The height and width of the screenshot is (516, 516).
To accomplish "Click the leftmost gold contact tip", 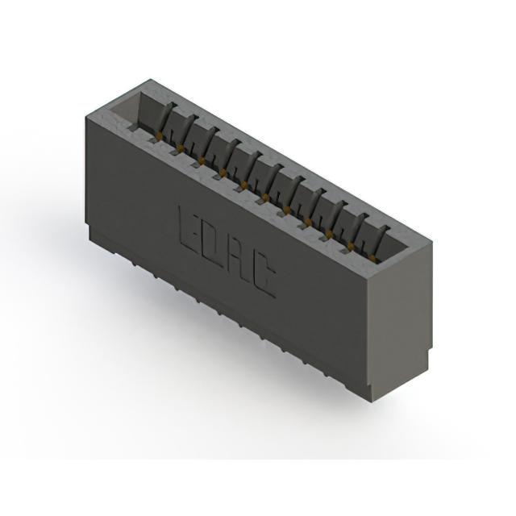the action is [160, 135].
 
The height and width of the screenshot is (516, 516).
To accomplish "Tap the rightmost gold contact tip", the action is [372, 257].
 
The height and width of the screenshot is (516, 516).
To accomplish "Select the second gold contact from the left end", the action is [180, 147].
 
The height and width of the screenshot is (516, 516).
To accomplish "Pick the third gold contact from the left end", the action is [202, 160].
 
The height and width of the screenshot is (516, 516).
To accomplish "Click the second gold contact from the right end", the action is [350, 245].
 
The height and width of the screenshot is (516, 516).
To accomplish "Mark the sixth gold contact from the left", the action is [265, 197].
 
